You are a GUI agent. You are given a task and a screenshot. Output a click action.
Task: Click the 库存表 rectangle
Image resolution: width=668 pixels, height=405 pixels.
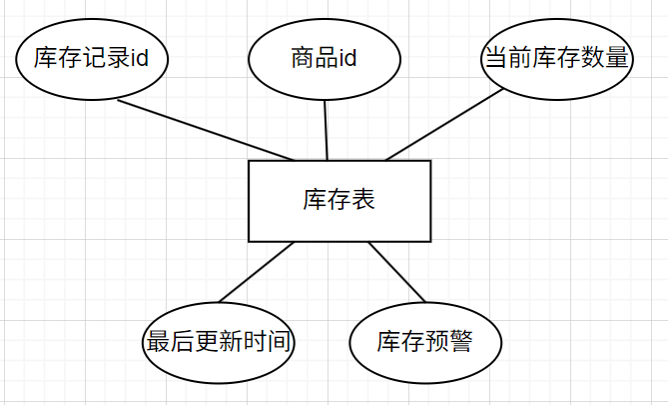click(x=339, y=200)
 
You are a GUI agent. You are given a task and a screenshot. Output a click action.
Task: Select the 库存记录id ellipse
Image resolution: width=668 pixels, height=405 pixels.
click(x=91, y=58)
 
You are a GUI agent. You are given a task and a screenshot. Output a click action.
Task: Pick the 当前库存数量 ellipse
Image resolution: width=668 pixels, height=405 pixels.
click(x=556, y=58)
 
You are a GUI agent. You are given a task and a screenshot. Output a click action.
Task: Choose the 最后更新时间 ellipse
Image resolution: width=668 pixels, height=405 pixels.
click(x=220, y=342)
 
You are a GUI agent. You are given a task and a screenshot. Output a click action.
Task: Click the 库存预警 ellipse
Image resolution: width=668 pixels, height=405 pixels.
click(x=423, y=342)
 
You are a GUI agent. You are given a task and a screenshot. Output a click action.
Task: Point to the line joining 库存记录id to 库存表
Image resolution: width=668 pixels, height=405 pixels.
click(x=205, y=130)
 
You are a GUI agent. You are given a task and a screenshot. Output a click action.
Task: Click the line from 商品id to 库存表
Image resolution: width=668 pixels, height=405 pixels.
click(x=326, y=130)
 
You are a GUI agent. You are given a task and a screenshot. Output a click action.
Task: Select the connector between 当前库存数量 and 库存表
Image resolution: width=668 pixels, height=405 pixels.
click(x=444, y=126)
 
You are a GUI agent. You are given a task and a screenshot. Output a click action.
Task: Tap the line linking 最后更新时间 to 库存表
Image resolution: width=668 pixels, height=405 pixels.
click(x=256, y=272)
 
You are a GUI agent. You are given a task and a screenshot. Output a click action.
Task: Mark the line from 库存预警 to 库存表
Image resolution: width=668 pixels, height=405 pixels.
click(x=397, y=272)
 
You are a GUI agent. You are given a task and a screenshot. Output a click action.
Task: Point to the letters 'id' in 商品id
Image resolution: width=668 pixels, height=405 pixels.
click(x=347, y=58)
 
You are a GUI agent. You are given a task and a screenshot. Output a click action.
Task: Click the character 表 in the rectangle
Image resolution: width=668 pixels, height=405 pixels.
click(x=363, y=200)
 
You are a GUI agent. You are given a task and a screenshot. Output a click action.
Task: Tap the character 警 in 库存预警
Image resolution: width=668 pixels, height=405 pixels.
click(x=459, y=342)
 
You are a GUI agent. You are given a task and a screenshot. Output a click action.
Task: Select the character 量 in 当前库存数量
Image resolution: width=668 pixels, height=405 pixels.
click(x=618, y=58)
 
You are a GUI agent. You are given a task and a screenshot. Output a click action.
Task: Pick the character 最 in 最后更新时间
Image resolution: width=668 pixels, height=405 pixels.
click(x=158, y=342)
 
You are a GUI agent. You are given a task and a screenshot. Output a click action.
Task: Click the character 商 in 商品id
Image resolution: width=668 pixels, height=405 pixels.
click(x=301, y=58)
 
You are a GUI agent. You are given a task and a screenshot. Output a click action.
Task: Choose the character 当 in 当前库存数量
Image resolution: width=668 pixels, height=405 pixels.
click(x=495, y=58)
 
